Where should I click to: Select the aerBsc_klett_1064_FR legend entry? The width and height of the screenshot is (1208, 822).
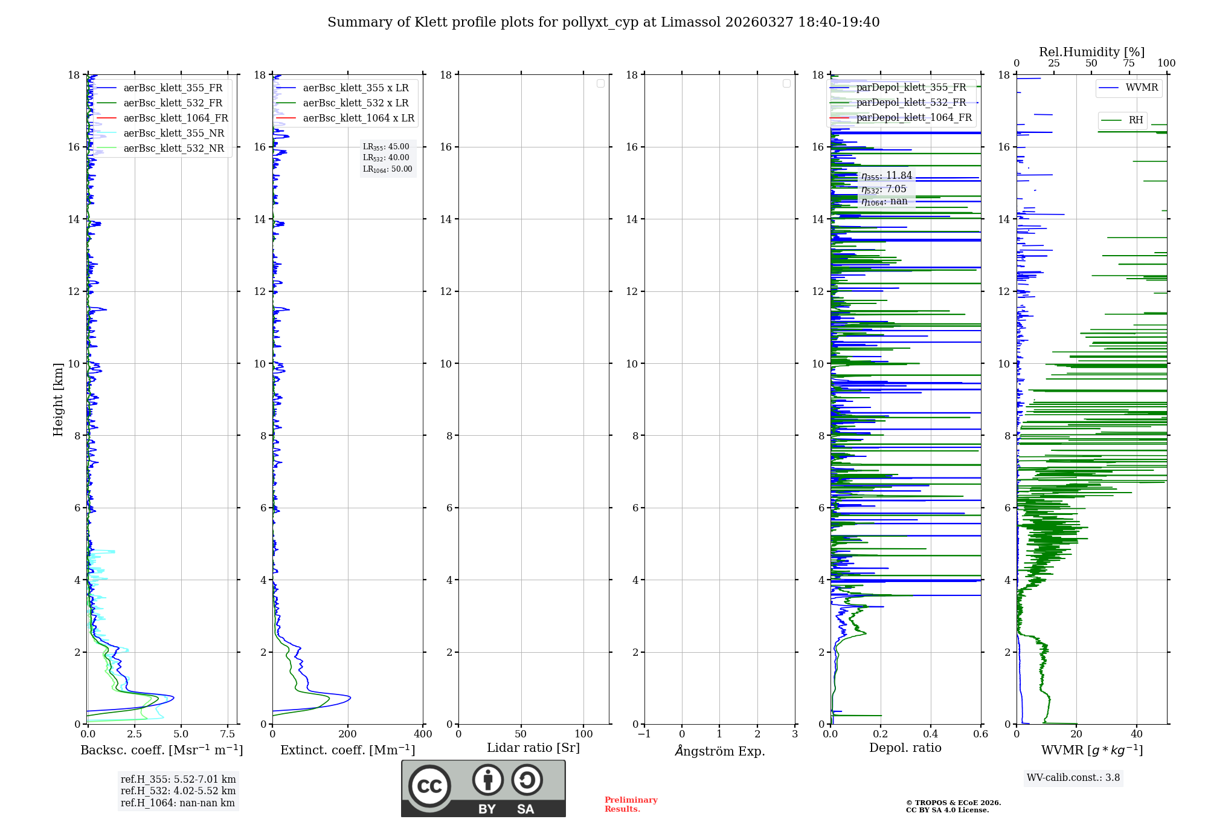[175, 118]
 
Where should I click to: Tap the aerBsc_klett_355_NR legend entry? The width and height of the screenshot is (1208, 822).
[173, 134]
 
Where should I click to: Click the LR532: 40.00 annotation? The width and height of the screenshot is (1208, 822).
[386, 158]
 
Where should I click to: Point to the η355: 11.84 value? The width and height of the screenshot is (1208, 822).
[886, 176]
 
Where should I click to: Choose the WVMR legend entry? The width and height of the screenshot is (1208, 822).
[1141, 88]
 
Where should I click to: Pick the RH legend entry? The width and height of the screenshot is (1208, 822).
[1136, 120]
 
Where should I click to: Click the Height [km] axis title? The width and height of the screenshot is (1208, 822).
[58, 400]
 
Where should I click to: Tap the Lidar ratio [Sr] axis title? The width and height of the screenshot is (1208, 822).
[533, 748]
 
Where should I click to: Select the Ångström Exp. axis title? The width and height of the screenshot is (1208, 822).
[719, 751]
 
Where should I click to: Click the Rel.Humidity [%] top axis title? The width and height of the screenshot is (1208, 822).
[1091, 52]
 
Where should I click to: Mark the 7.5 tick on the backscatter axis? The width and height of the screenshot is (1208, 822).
[228, 734]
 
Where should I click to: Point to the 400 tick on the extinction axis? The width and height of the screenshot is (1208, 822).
[423, 734]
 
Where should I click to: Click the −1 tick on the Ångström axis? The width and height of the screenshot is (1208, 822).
[644, 734]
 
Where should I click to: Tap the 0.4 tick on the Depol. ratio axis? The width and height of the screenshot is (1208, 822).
[931, 734]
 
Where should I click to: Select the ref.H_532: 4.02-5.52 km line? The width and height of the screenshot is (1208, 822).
[178, 791]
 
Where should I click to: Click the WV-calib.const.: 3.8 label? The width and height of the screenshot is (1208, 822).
[1073, 778]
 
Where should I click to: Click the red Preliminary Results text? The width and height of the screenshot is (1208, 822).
[631, 804]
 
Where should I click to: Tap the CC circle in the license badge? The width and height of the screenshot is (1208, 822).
[429, 786]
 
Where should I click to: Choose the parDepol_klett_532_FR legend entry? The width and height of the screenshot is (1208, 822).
[911, 103]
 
